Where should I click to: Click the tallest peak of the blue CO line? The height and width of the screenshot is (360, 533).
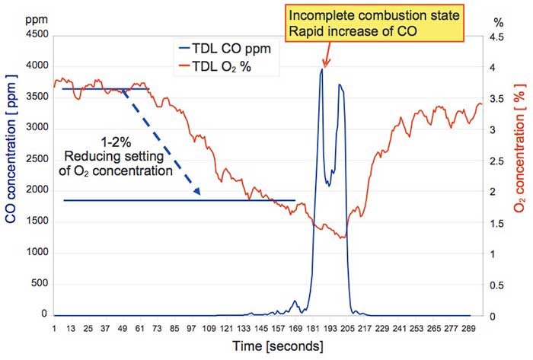tap(321, 71)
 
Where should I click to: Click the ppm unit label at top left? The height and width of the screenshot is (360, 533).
tap(17, 15)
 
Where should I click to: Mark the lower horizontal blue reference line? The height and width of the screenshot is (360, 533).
tap(179, 200)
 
